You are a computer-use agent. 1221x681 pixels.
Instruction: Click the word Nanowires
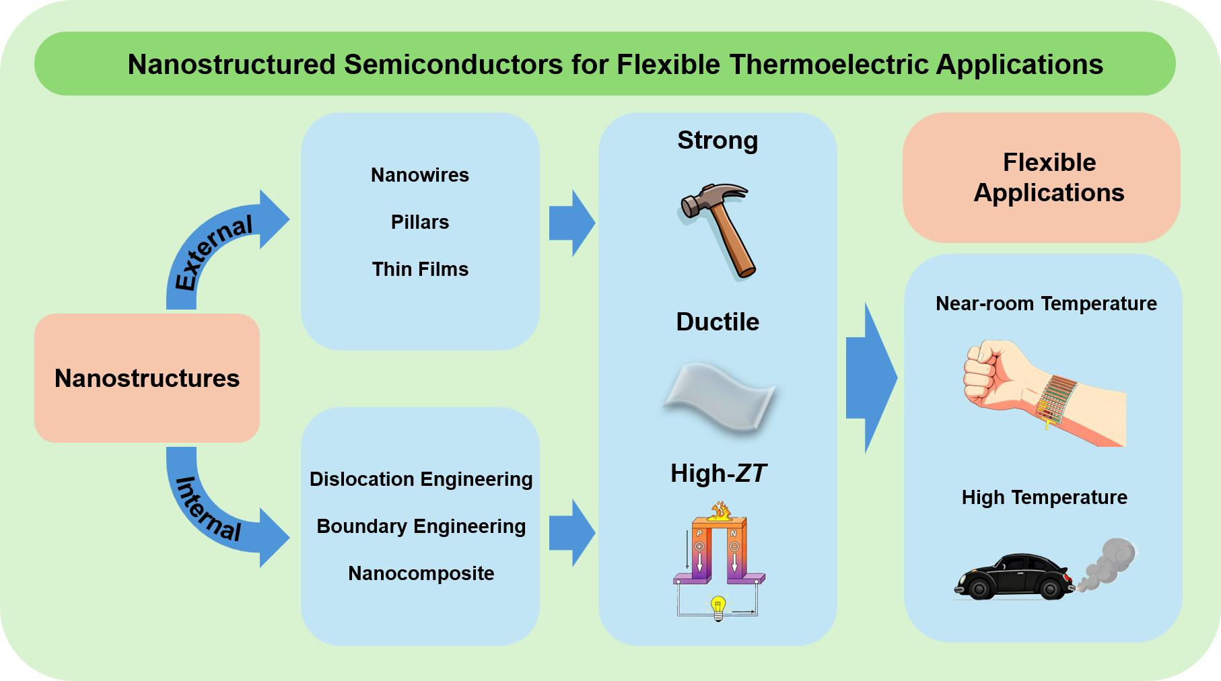pos(419,175)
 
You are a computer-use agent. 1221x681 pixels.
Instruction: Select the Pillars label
pos(419,222)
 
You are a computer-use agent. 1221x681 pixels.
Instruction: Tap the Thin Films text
pos(419,269)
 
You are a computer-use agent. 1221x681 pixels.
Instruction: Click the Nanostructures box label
pos(147,378)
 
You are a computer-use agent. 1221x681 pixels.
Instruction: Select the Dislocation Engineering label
pos(421,479)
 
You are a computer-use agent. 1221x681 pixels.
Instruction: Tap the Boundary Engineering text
pos(421,526)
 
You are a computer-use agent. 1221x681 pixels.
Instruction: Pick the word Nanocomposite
pos(421,573)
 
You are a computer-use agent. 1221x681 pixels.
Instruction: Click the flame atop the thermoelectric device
pos(720,511)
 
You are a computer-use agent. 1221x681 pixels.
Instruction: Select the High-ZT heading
pos(718,474)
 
